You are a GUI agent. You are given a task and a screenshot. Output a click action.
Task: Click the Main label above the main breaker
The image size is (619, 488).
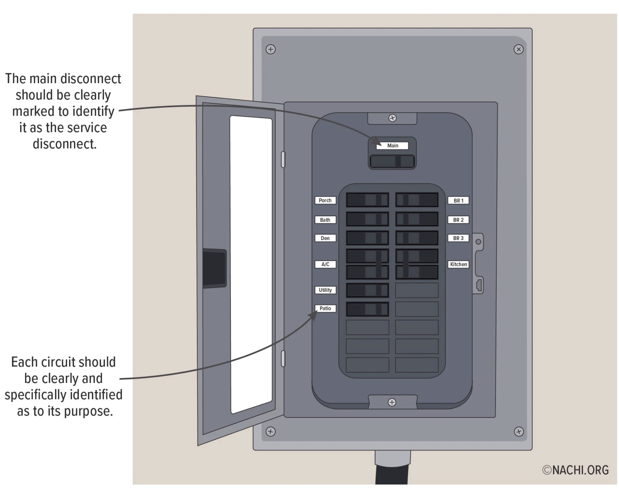392,146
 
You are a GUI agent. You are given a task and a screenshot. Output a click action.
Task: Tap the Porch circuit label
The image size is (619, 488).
325,200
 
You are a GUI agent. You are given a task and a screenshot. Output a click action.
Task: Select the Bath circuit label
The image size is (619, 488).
325,220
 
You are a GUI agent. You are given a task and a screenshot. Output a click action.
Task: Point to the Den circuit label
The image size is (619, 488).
325,238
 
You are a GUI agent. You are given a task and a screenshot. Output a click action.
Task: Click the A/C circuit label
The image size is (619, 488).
325,264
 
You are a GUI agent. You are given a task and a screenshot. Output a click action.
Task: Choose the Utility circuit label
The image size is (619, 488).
325,290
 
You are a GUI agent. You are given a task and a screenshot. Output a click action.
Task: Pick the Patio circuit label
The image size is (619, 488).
325,308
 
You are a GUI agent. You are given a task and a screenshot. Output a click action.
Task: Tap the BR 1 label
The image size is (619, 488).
458,201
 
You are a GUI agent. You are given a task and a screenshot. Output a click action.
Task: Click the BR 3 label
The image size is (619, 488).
458,238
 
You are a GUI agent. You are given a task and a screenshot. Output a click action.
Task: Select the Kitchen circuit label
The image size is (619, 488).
458,264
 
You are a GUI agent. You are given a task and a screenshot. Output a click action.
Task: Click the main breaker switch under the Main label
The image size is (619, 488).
392,161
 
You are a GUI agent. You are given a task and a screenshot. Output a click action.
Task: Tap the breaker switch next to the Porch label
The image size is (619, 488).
367,200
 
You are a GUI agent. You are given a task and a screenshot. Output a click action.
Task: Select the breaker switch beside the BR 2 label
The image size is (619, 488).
417,219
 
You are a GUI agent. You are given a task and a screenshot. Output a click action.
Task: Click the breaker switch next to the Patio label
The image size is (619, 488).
367,309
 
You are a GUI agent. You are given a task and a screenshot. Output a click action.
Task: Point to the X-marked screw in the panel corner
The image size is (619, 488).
518,49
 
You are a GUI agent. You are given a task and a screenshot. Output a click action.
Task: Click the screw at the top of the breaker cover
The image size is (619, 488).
392,118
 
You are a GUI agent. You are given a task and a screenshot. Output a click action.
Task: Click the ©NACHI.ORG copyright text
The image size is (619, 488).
575,470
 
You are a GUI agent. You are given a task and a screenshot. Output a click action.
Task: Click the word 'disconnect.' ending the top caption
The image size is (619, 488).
65,144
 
